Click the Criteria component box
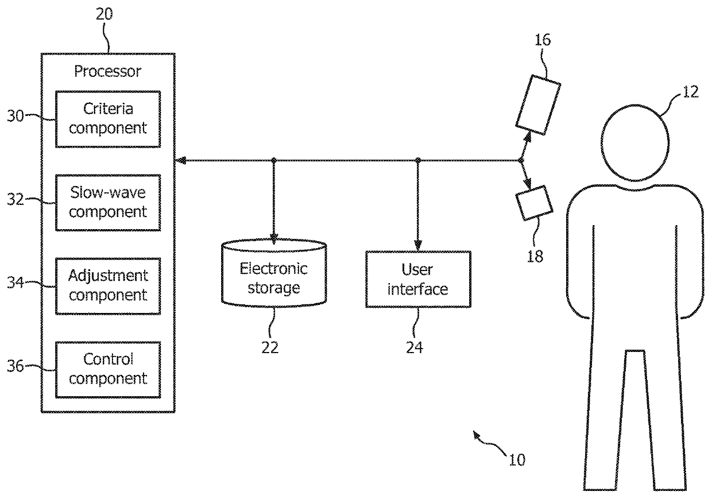tap(108, 119)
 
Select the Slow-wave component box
tap(108, 203)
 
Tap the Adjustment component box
tap(108, 287)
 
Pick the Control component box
tap(108, 370)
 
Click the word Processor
tap(108, 72)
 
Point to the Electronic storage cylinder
tap(274, 273)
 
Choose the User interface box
tap(418, 280)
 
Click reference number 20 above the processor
tap(105, 14)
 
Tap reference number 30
tap(16, 116)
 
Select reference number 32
tap(16, 200)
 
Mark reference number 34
tap(16, 283)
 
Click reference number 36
tap(16, 366)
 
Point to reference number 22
tap(270, 347)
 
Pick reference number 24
tap(415, 347)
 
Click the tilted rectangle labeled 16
tap(538, 105)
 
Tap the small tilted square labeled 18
tap(535, 203)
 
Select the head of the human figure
tap(635, 143)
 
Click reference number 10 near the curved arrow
tap(517, 460)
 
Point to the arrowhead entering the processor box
tap(180, 161)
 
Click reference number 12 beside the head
tap(690, 92)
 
